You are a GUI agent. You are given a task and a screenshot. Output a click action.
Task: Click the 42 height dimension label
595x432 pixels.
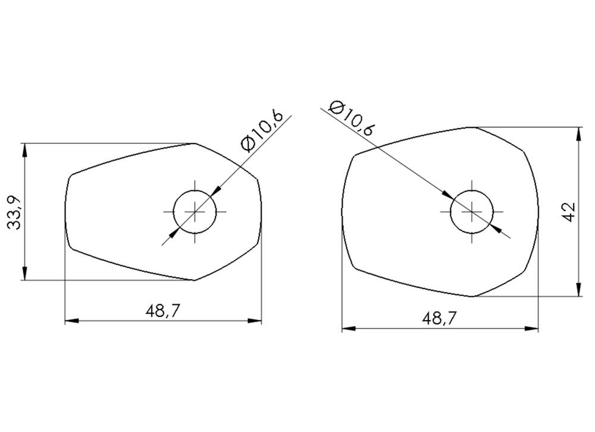(570, 212)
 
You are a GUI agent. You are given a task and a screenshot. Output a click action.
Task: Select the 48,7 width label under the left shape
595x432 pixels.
(162, 312)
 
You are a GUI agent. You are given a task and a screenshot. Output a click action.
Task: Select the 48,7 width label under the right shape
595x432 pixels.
(439, 319)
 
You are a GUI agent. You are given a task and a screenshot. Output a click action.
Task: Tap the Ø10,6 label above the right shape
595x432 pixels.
(352, 118)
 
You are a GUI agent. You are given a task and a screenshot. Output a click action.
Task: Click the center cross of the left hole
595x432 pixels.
(195, 211)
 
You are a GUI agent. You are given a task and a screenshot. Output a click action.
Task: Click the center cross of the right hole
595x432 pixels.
(472, 211)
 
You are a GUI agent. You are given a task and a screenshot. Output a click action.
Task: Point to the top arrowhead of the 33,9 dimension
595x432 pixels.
(24, 150)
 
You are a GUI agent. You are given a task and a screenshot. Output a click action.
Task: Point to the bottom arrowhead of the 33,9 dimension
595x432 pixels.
(24, 273)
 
